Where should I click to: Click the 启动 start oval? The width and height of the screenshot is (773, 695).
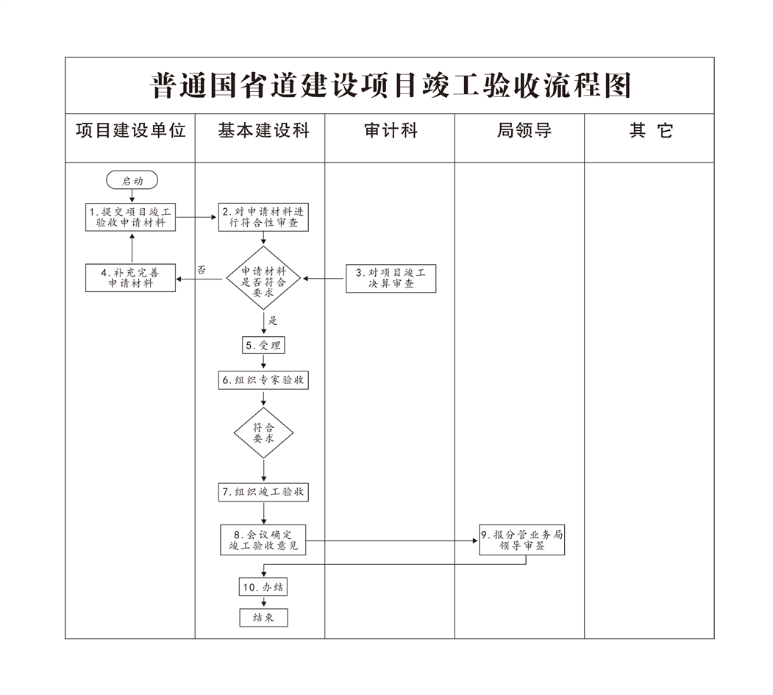pyautogui.click(x=132, y=180)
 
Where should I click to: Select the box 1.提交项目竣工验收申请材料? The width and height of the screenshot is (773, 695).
pyautogui.click(x=132, y=217)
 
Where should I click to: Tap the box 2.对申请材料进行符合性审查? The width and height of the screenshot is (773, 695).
pyautogui.click(x=263, y=217)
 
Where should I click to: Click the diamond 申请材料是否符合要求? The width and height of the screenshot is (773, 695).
pyautogui.click(x=263, y=278)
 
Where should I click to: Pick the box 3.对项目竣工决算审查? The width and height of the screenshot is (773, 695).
pyautogui.click(x=391, y=278)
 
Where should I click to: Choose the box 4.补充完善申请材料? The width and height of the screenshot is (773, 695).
pyautogui.click(x=131, y=277)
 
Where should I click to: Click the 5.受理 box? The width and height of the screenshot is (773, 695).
pyautogui.click(x=263, y=344)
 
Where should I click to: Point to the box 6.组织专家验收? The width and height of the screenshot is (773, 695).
pyautogui.click(x=263, y=380)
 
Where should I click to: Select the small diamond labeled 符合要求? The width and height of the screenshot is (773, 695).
pyautogui.click(x=263, y=432)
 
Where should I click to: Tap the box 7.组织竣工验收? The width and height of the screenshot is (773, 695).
pyautogui.click(x=263, y=492)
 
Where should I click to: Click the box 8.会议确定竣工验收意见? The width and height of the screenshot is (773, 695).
pyautogui.click(x=263, y=540)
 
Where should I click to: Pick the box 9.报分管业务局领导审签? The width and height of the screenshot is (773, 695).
pyautogui.click(x=521, y=541)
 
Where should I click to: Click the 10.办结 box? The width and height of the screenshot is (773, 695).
pyautogui.click(x=263, y=587)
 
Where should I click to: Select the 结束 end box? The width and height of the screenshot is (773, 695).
pyautogui.click(x=263, y=618)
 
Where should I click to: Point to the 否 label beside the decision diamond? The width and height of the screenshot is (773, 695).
pyautogui.click(x=202, y=270)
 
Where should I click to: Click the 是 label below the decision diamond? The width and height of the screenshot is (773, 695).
pyautogui.click(x=273, y=321)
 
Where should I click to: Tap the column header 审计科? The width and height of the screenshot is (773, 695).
pyautogui.click(x=391, y=131)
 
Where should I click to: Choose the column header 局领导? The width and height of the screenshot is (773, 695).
pyautogui.click(x=524, y=131)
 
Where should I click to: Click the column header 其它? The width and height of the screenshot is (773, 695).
pyautogui.click(x=651, y=131)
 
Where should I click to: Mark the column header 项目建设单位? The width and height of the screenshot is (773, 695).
pyautogui.click(x=131, y=131)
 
